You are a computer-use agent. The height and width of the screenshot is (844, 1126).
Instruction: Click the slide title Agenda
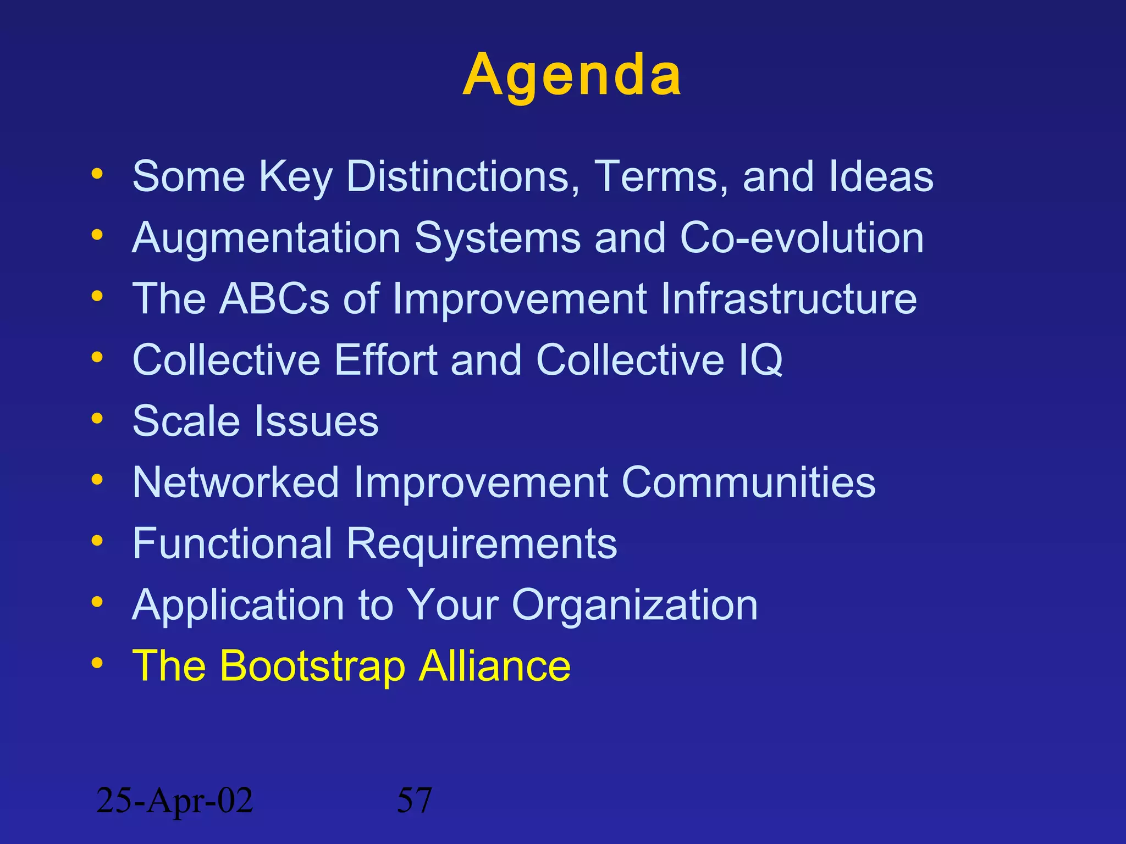tap(572, 75)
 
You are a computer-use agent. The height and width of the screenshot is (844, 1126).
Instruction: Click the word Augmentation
tap(267, 238)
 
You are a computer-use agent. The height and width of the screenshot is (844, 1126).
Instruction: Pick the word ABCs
tap(274, 299)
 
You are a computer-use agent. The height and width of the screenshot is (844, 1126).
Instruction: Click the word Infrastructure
tap(788, 299)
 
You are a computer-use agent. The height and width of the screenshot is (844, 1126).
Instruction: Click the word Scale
tap(186, 421)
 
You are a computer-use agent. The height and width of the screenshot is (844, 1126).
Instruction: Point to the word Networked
tap(236, 483)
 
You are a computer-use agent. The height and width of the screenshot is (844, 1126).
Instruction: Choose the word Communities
tap(748, 483)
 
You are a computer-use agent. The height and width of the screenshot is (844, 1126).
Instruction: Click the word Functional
tap(233, 544)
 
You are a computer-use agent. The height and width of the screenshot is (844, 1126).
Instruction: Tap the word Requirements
tap(482, 544)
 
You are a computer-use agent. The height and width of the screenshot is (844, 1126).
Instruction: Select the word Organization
tap(634, 606)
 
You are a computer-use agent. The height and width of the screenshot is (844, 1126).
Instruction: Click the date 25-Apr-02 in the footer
tap(174, 801)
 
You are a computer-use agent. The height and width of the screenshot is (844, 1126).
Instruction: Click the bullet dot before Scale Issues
tap(97, 419)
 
